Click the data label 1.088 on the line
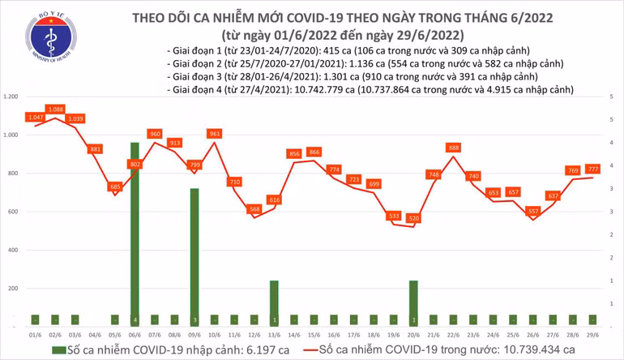[x=56, y=109]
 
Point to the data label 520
[x=414, y=219]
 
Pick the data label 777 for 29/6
[x=594, y=169]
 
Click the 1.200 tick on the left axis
[x=11, y=96]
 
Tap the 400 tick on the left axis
[x=14, y=250]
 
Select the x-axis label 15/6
[x=314, y=332]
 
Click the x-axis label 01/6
[x=35, y=332]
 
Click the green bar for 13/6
[x=274, y=302]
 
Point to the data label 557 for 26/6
[x=533, y=211]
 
